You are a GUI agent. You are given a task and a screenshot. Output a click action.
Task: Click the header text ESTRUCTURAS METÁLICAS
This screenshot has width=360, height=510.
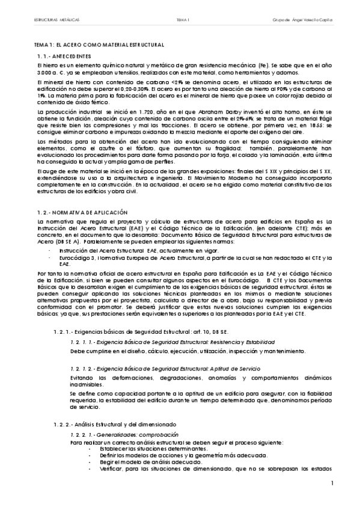(x=57, y=20)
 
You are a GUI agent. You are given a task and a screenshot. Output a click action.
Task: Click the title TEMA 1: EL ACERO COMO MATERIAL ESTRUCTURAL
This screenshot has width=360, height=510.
(x=99, y=46)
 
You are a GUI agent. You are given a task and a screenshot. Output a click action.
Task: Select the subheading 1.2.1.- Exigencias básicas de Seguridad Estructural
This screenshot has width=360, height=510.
(x=142, y=331)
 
